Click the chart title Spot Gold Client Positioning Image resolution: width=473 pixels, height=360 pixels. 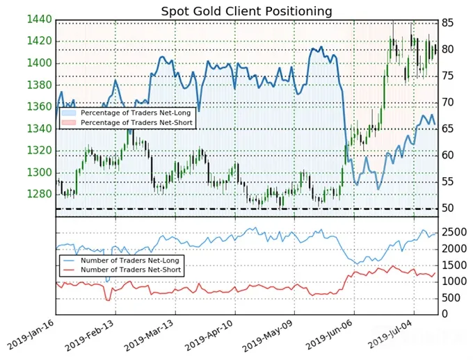pos(246,11)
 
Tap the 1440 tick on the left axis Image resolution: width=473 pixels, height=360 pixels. pos(40,19)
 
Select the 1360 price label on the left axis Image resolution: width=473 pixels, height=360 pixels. pos(40,107)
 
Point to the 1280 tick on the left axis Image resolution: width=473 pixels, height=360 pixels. pos(40,194)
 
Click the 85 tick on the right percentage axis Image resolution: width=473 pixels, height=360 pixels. pos(448,23)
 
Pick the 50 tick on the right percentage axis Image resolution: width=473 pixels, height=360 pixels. pos(448,208)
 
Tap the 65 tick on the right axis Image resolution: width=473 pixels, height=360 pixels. pos(448,129)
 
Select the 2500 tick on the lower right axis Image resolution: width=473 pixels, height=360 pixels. pos(454,232)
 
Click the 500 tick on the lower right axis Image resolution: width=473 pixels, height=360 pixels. pos(451,298)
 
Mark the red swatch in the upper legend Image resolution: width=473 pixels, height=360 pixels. pos(69,122)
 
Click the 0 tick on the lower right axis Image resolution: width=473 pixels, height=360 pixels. pos(444,314)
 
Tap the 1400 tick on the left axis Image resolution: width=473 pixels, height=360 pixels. pos(40,63)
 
